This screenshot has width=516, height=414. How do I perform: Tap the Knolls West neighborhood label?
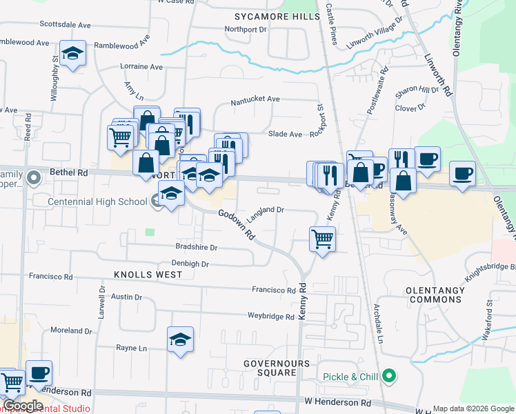[148, 275]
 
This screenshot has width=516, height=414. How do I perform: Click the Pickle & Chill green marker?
[390, 377]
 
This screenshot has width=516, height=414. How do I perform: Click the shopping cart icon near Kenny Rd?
[322, 239]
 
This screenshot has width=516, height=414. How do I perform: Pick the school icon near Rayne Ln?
[181, 339]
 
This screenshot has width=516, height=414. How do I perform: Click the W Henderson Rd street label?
[337, 402]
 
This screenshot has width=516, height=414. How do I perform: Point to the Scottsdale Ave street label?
[66, 25]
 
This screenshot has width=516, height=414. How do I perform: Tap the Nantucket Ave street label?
[255, 99]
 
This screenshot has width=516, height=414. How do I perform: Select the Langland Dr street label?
[266, 213]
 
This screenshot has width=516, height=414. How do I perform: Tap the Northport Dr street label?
[246, 30]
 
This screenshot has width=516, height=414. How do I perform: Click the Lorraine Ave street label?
[142, 67]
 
